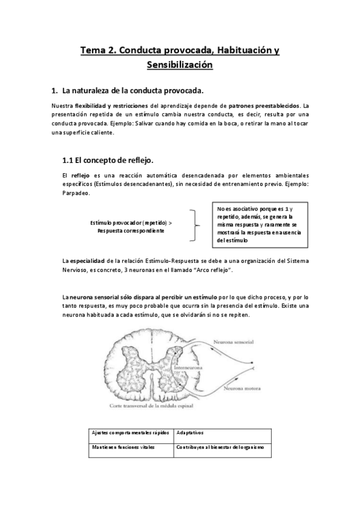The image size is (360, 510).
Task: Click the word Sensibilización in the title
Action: [x=180, y=65]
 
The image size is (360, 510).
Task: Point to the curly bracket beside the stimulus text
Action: [x=195, y=226]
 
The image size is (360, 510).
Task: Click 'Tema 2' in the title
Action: [x=99, y=51]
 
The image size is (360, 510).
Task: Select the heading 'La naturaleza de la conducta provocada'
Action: [x=133, y=91]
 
